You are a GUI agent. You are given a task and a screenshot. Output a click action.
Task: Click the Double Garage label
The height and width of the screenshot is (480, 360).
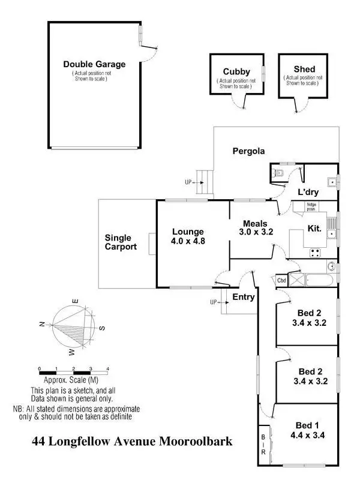click(x=94, y=64)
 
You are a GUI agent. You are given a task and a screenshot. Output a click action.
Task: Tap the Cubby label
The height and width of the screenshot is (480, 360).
click(x=237, y=71)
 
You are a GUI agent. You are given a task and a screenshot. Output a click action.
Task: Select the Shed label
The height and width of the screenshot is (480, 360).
click(x=305, y=70)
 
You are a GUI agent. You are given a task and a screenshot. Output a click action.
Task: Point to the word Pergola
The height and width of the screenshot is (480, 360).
click(x=249, y=151)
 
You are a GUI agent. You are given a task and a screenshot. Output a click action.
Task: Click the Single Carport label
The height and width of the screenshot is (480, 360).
click(x=121, y=242)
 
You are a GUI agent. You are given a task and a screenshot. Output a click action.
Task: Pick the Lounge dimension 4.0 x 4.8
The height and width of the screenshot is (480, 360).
click(x=188, y=242)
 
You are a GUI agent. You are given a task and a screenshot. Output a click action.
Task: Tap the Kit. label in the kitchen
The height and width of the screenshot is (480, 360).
click(x=315, y=229)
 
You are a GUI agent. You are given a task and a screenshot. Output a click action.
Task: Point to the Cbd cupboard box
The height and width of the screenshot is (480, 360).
click(x=281, y=280)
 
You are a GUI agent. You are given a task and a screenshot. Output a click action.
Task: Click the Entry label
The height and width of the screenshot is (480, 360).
click(x=244, y=297)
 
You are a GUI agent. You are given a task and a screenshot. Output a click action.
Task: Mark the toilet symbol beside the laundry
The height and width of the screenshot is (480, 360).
click(x=276, y=173)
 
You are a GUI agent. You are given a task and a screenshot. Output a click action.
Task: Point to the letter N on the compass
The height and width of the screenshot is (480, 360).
click(x=42, y=324)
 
